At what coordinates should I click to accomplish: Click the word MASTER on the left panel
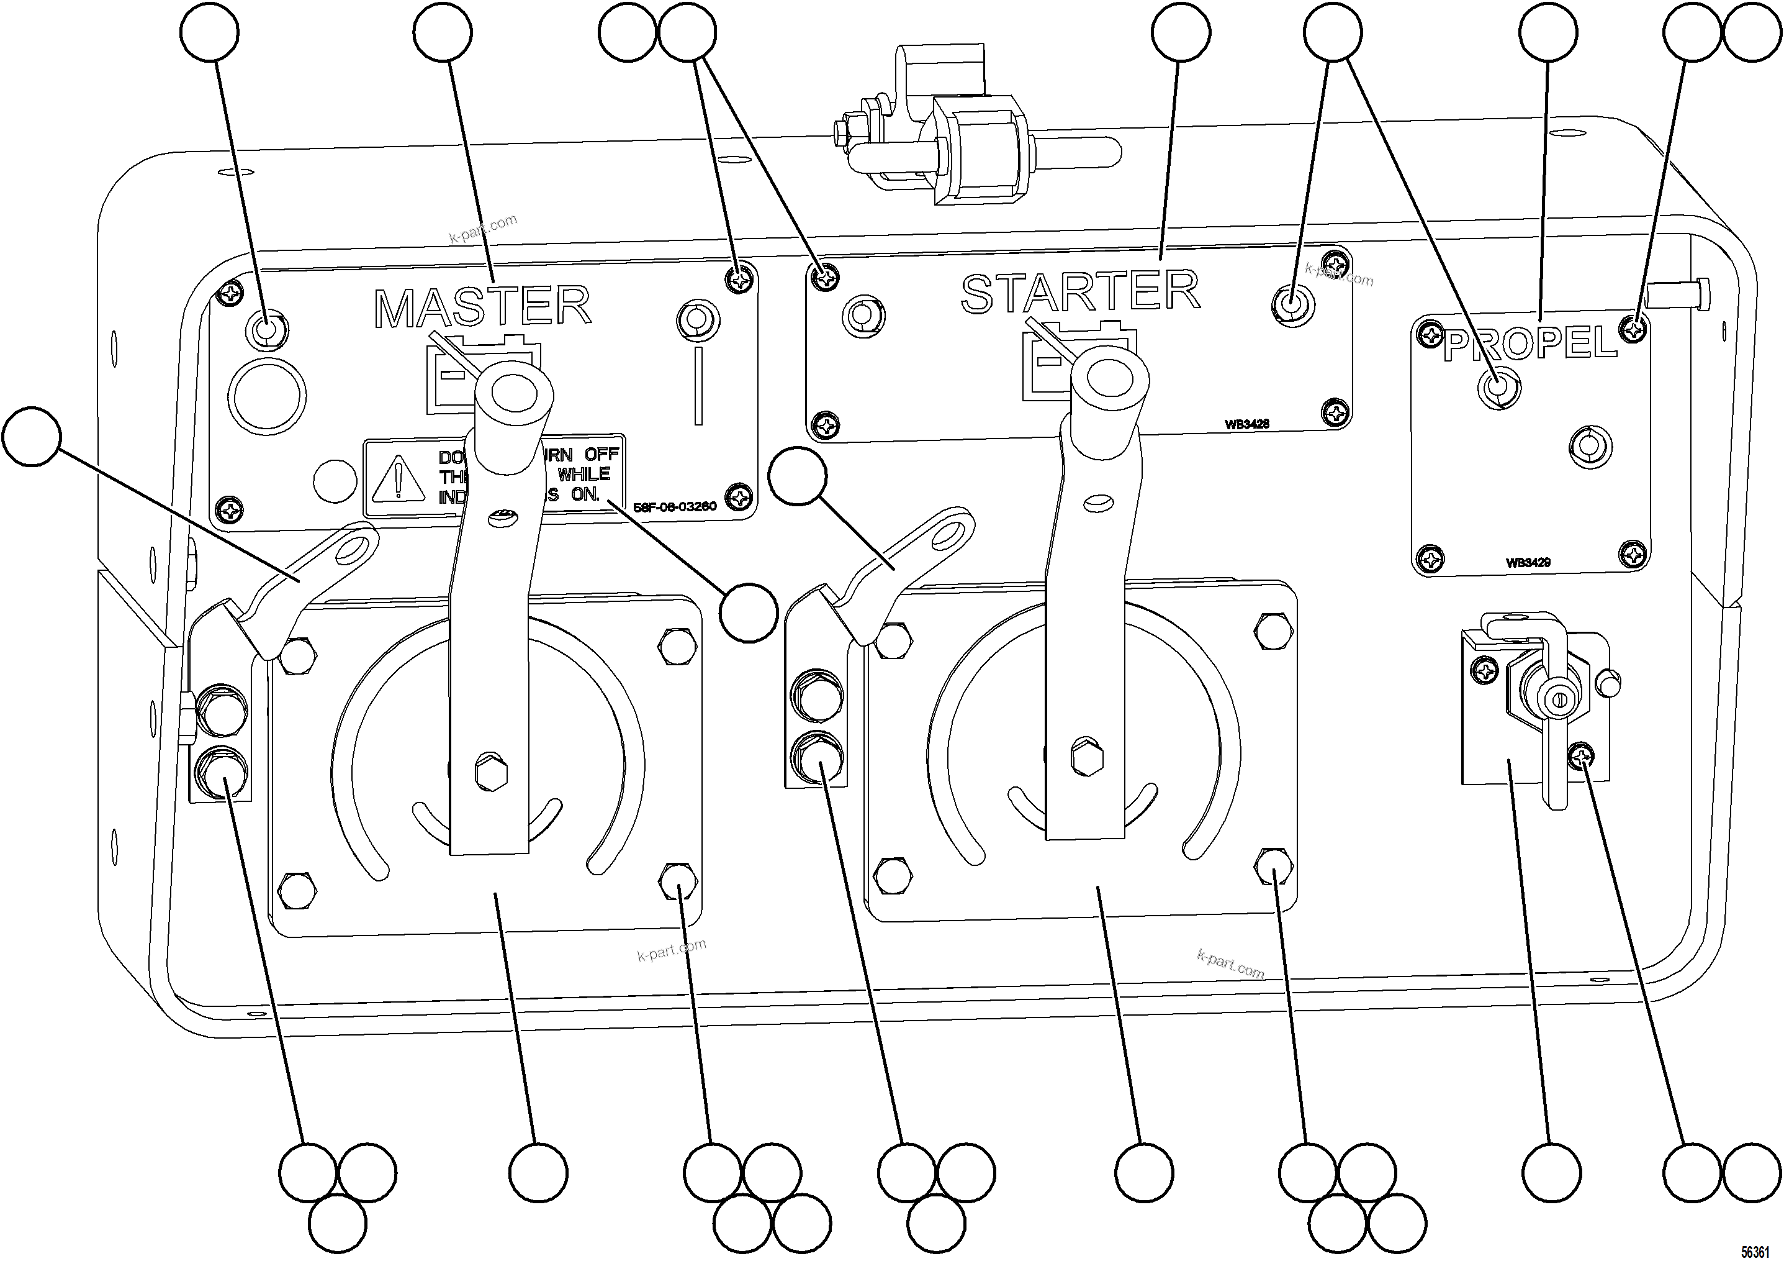pyautogui.click(x=482, y=307)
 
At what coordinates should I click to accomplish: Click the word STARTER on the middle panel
pyautogui.click(x=1080, y=293)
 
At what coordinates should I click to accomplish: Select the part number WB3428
pyautogui.click(x=1246, y=424)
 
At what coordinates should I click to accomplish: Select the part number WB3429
pyautogui.click(x=1528, y=562)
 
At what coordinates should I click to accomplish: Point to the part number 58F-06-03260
pyautogui.click(x=675, y=507)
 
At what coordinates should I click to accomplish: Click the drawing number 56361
pyautogui.click(x=1757, y=1252)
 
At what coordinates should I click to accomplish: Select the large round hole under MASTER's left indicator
pyautogui.click(x=266, y=396)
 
